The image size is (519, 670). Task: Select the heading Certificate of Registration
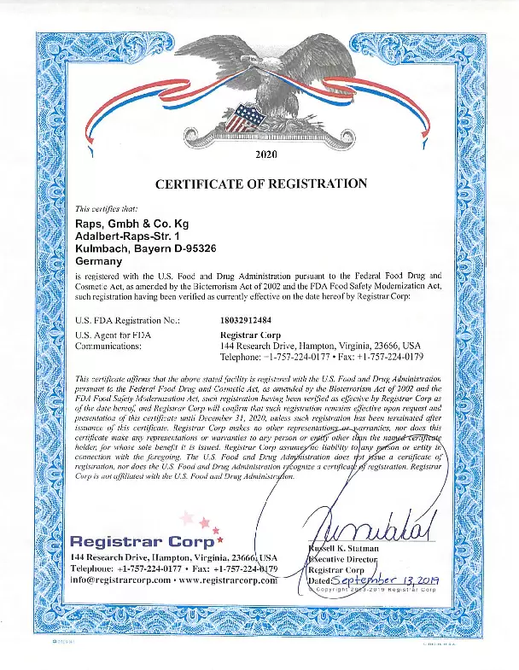pos(261,184)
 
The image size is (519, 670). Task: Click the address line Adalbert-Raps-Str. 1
pos(128,237)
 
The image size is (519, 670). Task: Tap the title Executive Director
pos(344,557)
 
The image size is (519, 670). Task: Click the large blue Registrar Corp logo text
pos(143,541)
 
